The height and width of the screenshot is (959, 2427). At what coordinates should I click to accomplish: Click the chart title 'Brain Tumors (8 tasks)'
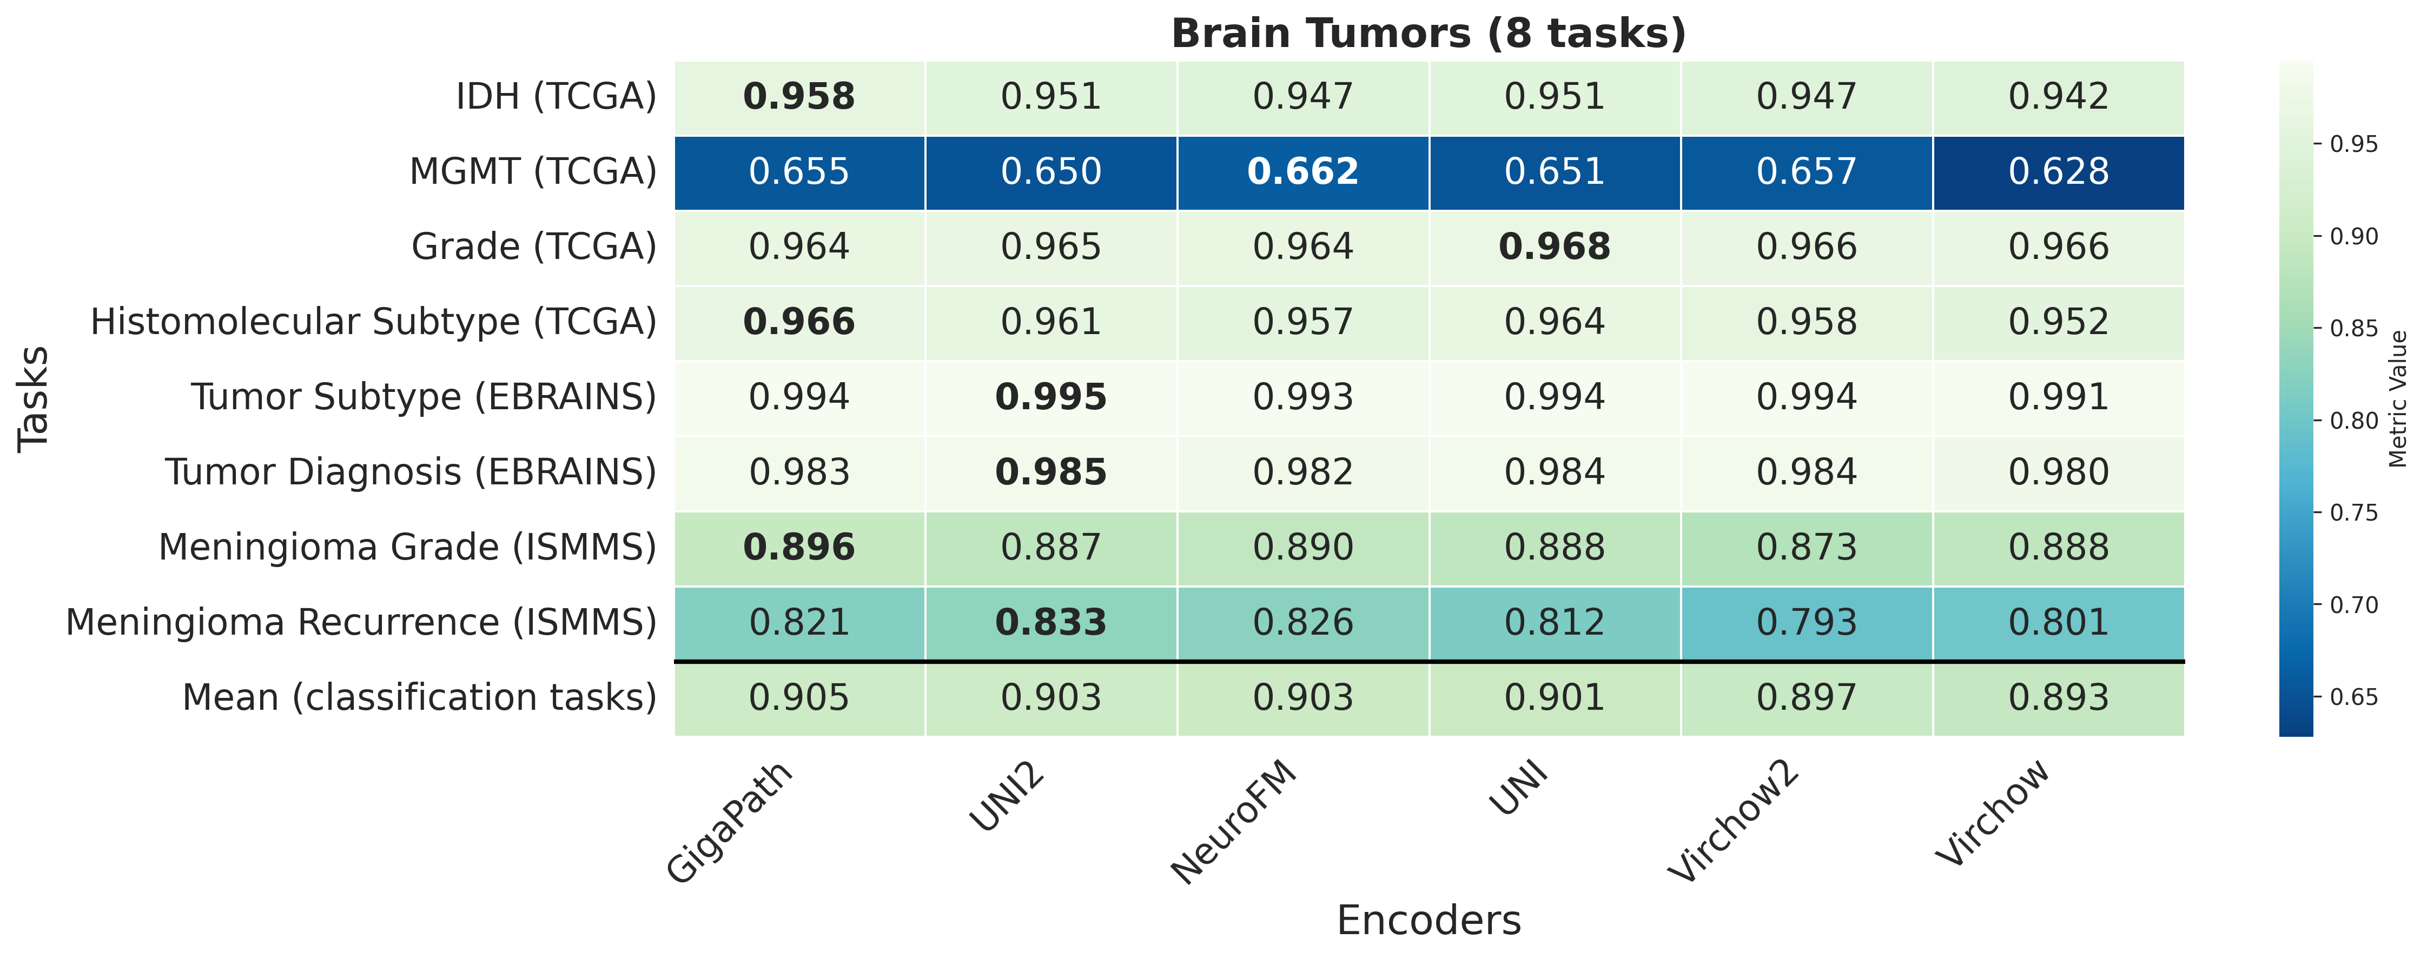point(1429,34)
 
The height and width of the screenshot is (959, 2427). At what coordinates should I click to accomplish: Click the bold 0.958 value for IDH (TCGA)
point(799,97)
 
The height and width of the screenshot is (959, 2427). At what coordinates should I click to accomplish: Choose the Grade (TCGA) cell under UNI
point(1555,247)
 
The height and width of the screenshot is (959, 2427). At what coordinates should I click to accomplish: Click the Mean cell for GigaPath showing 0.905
point(799,698)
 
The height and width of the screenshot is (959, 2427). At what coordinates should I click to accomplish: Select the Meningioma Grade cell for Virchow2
point(1806,547)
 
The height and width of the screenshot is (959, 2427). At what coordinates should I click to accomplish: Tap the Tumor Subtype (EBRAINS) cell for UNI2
point(1050,397)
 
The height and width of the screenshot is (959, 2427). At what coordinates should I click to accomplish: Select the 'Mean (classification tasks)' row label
point(419,698)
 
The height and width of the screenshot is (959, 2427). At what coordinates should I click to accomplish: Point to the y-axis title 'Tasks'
point(34,398)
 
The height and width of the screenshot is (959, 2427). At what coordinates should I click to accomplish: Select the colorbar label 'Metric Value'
point(2399,398)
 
